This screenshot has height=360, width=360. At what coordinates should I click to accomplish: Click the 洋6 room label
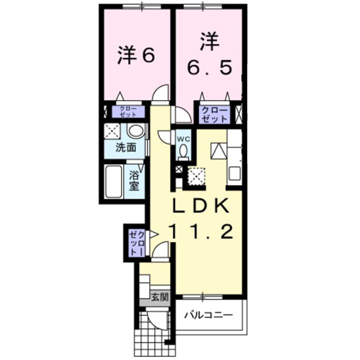click(x=135, y=56)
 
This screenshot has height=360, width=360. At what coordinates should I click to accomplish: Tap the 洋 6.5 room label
click(x=210, y=54)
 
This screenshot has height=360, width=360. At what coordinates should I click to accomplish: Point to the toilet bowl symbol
click(x=183, y=150)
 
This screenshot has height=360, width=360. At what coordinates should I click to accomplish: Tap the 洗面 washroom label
click(x=126, y=147)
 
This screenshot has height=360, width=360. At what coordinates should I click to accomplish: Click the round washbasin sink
click(x=135, y=131)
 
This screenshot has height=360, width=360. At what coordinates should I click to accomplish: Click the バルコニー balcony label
click(x=208, y=315)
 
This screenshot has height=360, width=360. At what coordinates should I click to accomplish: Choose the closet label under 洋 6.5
click(x=215, y=114)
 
